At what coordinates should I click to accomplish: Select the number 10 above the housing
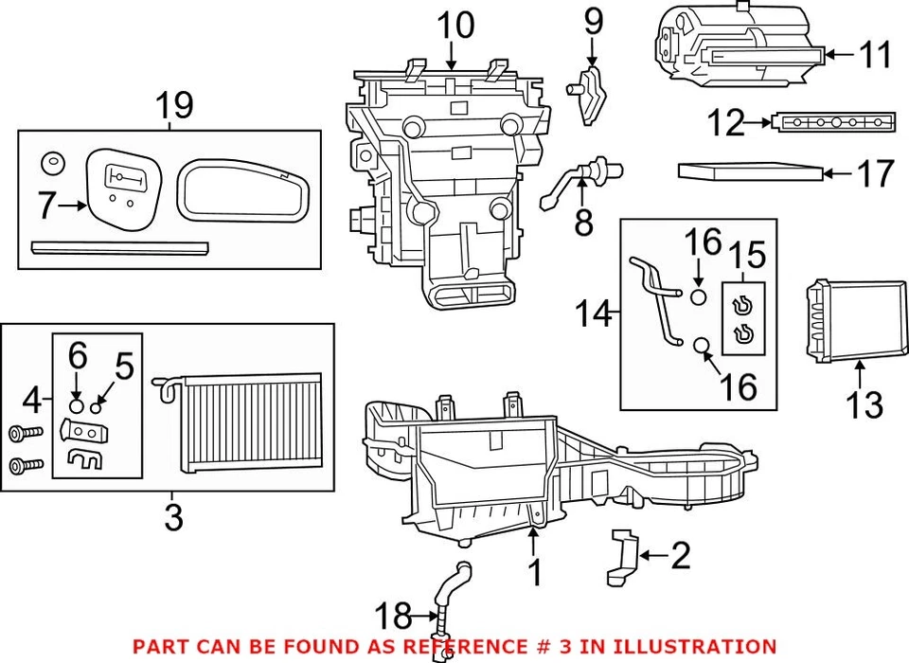454,26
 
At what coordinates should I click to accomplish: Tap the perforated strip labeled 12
833,122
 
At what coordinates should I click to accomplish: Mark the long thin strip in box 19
119,248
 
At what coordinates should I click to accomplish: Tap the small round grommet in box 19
52,164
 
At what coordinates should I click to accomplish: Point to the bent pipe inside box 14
656,294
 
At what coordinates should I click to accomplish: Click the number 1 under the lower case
535,572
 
